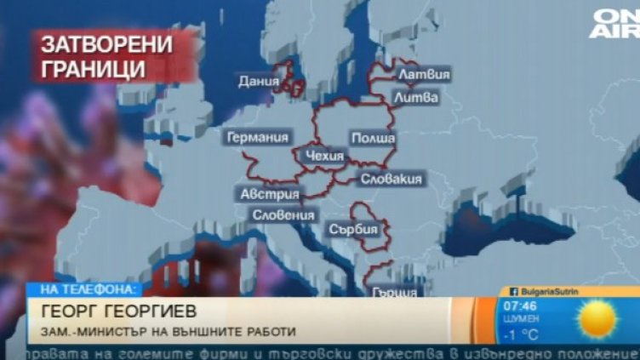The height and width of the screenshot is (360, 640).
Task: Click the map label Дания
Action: coord(260,83)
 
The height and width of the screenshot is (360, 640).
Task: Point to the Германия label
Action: coord(255,137)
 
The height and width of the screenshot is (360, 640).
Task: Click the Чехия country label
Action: coord(323,156)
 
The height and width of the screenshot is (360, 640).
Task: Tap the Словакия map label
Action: coord(391,179)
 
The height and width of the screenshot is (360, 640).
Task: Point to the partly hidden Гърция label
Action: coord(395,291)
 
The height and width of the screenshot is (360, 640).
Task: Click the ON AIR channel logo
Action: coord(615,22)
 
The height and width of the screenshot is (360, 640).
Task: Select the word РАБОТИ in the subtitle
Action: coord(271,331)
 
